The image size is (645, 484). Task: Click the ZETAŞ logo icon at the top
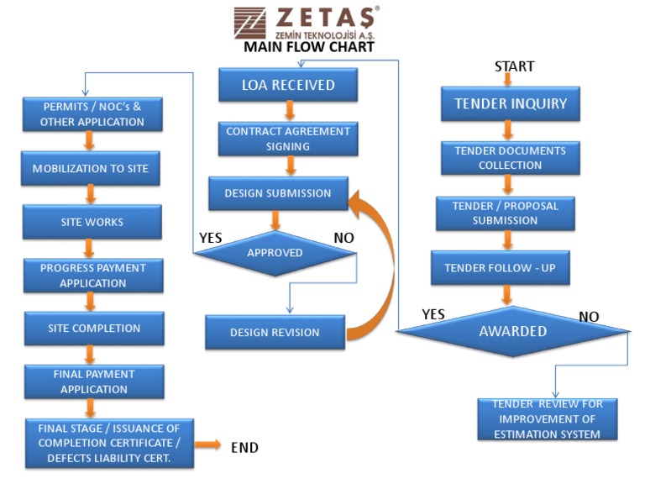(249, 23)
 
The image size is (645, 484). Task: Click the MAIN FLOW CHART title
(308, 47)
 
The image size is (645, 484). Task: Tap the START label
(514, 66)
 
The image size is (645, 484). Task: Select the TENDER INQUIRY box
(511, 104)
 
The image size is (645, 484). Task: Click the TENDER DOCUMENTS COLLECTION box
(510, 158)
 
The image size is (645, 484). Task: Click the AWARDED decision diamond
(512, 331)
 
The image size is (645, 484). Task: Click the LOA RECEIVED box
(288, 85)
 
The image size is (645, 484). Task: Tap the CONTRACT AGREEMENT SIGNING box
(288, 139)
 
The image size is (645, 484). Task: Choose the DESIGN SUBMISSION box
(278, 193)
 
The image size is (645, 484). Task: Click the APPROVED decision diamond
(275, 252)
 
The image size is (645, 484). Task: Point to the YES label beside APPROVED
(210, 238)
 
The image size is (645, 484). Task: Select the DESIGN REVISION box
(275, 333)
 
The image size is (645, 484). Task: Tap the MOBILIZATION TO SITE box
(91, 169)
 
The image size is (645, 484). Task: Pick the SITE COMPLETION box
(94, 329)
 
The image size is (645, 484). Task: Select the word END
(244, 447)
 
